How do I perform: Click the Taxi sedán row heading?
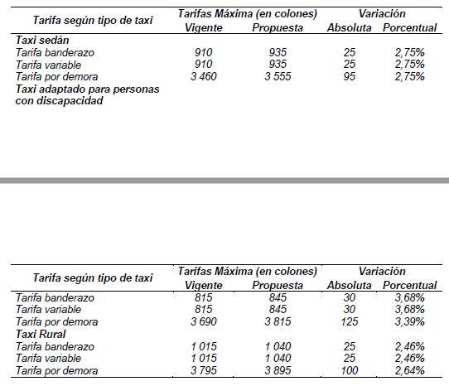click(x=42, y=40)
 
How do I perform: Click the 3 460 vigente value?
click(x=204, y=76)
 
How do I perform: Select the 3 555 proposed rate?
click(x=278, y=76)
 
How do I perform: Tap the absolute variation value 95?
click(x=350, y=76)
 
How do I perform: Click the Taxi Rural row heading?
click(x=41, y=334)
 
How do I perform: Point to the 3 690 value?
click(x=204, y=321)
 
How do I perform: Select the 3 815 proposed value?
click(x=278, y=321)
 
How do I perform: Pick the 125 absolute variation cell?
click(x=350, y=321)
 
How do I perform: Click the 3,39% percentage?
click(x=409, y=321)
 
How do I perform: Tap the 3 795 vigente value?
click(x=204, y=370)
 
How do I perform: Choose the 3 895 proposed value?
click(x=278, y=370)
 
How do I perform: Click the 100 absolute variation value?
click(x=350, y=370)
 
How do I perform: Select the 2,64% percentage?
click(x=409, y=370)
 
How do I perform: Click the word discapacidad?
click(x=70, y=101)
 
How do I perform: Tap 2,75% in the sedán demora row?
click(x=409, y=76)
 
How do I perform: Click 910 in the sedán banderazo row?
click(x=204, y=53)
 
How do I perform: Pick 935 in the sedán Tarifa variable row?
click(x=278, y=64)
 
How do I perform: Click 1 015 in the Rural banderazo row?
click(x=204, y=346)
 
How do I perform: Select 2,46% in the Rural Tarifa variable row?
click(x=409, y=358)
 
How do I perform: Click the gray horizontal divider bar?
click(x=224, y=181)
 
